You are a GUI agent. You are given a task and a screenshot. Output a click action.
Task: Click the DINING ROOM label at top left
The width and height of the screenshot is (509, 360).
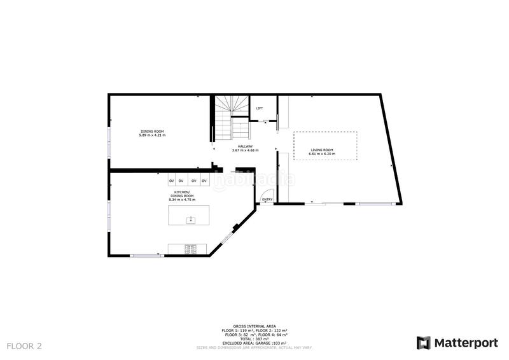[152, 131]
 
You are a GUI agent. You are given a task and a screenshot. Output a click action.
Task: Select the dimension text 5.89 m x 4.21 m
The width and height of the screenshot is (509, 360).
[152, 135]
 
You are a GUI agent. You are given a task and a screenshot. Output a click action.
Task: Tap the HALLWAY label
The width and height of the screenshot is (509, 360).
[246, 146]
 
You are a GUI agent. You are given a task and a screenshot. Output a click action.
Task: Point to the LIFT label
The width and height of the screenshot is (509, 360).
[260, 108]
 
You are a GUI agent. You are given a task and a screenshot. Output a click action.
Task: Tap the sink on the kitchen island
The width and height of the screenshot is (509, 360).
[190, 219]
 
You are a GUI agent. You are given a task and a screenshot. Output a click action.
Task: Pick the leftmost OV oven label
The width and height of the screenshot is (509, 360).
[172, 181]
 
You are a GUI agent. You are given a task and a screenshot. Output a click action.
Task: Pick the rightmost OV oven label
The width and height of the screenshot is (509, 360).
[204, 181]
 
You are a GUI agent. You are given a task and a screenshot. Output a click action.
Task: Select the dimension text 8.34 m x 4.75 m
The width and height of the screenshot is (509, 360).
[181, 200]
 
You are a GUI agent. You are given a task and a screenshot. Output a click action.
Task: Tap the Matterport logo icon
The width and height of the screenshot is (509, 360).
[423, 343]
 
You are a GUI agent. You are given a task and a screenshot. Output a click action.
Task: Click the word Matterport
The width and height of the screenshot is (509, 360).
[466, 343]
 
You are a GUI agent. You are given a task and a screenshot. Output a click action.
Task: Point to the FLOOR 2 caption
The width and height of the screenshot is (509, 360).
[24, 346]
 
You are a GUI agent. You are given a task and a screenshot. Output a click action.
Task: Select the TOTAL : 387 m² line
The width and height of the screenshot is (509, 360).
[254, 339]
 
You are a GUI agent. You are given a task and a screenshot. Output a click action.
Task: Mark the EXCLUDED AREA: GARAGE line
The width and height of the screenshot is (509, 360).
[254, 343]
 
